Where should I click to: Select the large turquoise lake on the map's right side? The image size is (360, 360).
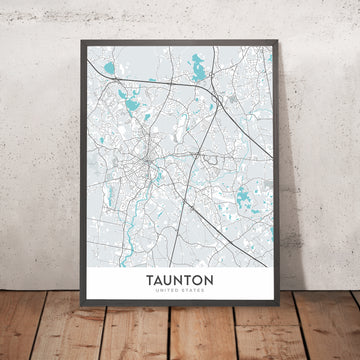click(244, 195)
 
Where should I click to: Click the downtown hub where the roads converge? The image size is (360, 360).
click(151, 158)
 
